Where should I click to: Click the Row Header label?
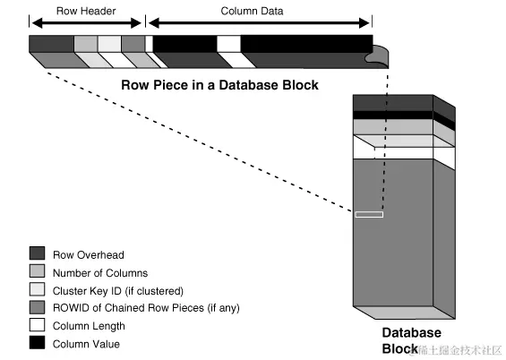tap(86, 11)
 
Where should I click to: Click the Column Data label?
tap(252, 11)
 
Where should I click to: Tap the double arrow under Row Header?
tap(87, 23)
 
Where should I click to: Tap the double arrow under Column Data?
tap(259, 23)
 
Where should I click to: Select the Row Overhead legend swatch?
tap(37, 253)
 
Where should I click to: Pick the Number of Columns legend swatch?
tap(37, 271)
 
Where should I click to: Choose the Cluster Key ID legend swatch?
tap(37, 289)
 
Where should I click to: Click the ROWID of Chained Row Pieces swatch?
tap(37, 307)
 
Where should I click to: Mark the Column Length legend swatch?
tap(37, 325)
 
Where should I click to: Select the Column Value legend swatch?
tap(37, 343)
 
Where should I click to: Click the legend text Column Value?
tap(86, 344)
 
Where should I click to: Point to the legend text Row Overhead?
tap(89, 255)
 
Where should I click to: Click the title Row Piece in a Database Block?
tap(219, 85)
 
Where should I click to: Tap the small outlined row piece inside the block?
tap(369, 215)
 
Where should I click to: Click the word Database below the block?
tap(411, 332)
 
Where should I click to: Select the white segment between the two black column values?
tap(228, 44)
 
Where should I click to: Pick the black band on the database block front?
tap(393, 116)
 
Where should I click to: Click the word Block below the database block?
tap(399, 348)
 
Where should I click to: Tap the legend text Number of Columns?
tap(100, 273)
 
